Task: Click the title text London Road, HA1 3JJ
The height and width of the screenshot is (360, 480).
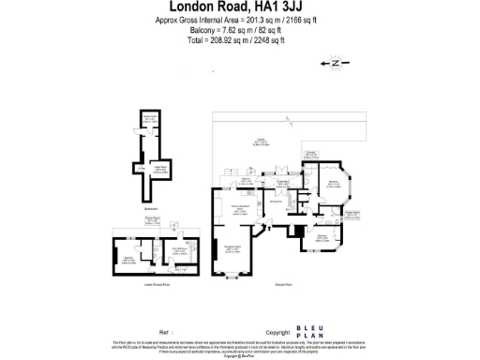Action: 240,7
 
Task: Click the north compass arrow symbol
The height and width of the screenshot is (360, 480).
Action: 335,64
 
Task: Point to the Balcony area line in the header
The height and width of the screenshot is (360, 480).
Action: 240,31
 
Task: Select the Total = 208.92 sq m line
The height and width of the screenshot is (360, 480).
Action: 240,41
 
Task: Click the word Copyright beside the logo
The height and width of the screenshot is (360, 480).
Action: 277,332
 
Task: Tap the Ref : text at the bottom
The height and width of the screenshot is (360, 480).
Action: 166,332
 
